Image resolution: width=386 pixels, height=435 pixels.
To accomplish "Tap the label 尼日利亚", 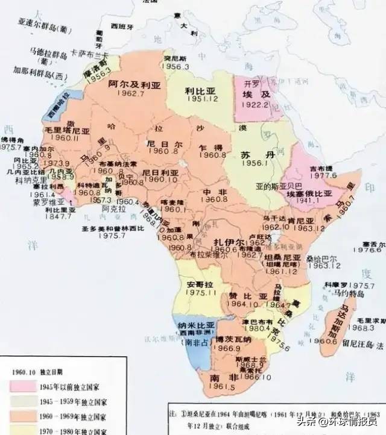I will coord(160,172).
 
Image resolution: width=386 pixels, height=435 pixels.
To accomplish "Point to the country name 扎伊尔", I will coord(229,242).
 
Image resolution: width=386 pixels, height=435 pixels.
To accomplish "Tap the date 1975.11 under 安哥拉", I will coord(200,292).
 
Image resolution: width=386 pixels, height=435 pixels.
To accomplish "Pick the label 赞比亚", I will coord(239,296).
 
